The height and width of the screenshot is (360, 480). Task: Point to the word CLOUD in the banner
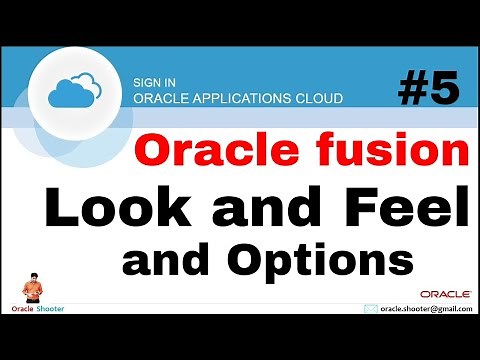[318, 98]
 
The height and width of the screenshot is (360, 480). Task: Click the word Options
[320, 261]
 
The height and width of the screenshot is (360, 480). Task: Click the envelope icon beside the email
[371, 311]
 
